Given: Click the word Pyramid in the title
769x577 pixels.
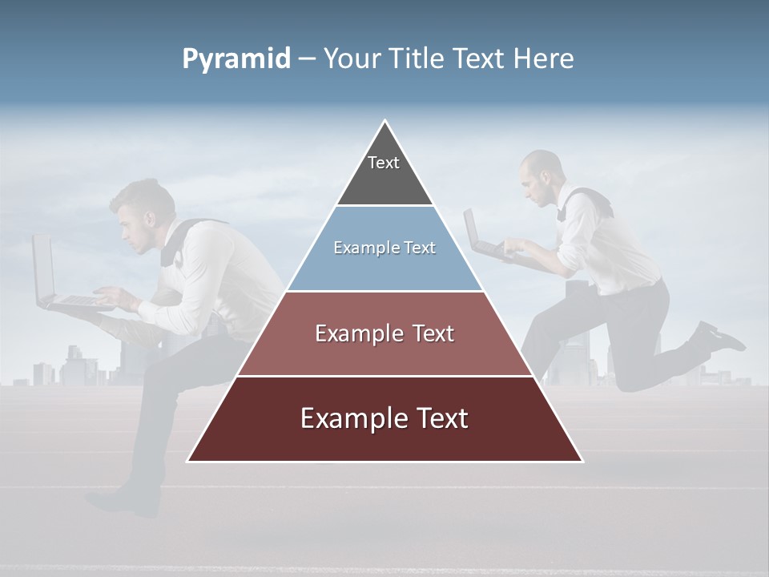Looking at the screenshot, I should pyautogui.click(x=236, y=59).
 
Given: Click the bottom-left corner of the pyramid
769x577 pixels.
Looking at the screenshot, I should pyautogui.click(x=187, y=461).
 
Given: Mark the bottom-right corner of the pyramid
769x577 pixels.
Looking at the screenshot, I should pyautogui.click(x=582, y=461).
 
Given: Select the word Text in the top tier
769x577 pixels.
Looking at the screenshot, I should pyautogui.click(x=384, y=163).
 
